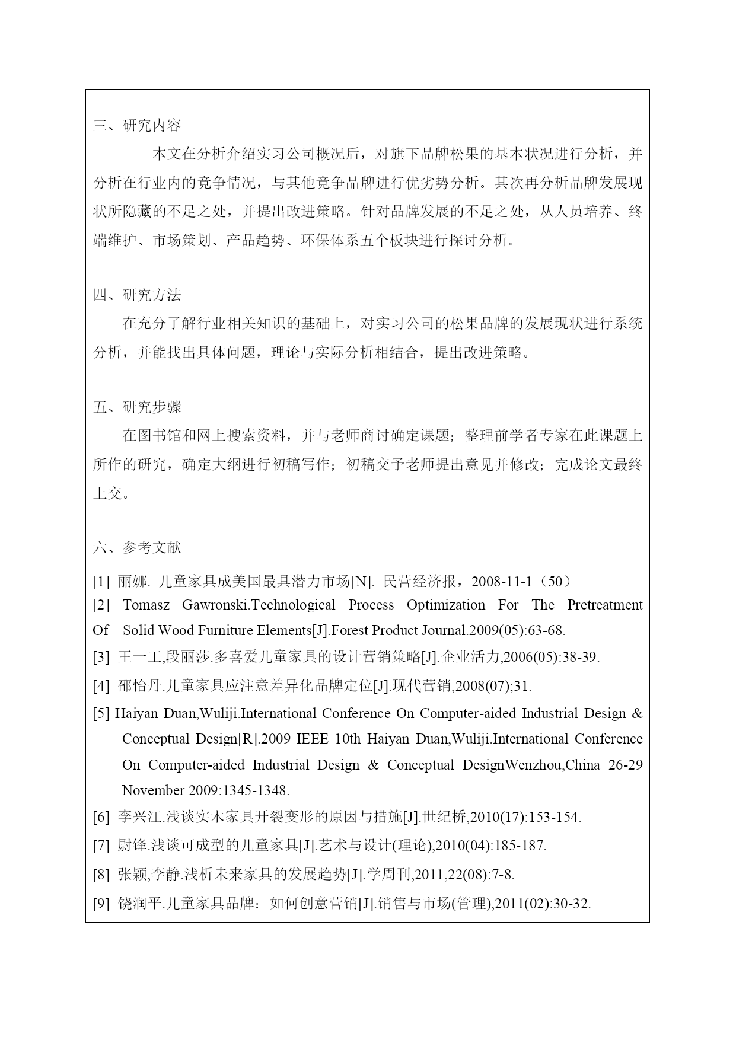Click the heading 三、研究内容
137,126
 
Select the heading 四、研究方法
137,295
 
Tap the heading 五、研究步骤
137,407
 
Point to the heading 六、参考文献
137,548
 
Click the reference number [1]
101,582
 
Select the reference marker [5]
101,713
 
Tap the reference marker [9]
101,904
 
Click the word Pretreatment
604,605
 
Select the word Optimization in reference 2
445,605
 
